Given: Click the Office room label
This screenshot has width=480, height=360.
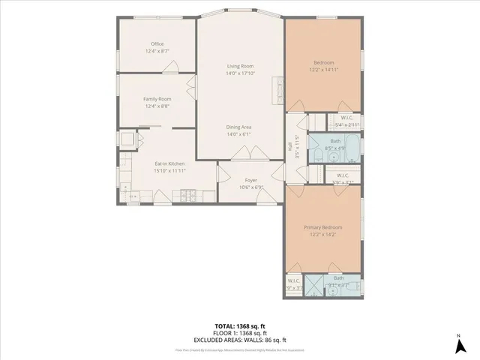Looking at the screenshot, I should pyautogui.click(x=157, y=44).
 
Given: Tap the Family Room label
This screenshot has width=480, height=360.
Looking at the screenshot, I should pyautogui.click(x=157, y=99).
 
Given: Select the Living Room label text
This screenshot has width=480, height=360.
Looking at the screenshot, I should pyautogui.click(x=240, y=67).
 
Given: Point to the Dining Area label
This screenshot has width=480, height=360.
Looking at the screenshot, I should pyautogui.click(x=239, y=127).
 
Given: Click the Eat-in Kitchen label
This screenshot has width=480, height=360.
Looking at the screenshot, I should pyautogui.click(x=169, y=163).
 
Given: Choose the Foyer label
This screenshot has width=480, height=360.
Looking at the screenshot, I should pyautogui.click(x=251, y=180).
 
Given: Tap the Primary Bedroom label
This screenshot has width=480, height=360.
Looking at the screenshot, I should pyautogui.click(x=322, y=227).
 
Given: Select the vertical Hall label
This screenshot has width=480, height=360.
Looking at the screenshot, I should pyautogui.click(x=289, y=147).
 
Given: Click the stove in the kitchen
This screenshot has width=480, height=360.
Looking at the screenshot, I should pyautogui.click(x=185, y=196).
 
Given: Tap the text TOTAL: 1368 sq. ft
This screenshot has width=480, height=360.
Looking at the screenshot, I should pyautogui.click(x=239, y=326).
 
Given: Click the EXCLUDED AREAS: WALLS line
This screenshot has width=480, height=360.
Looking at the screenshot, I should pyautogui.click(x=239, y=340).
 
